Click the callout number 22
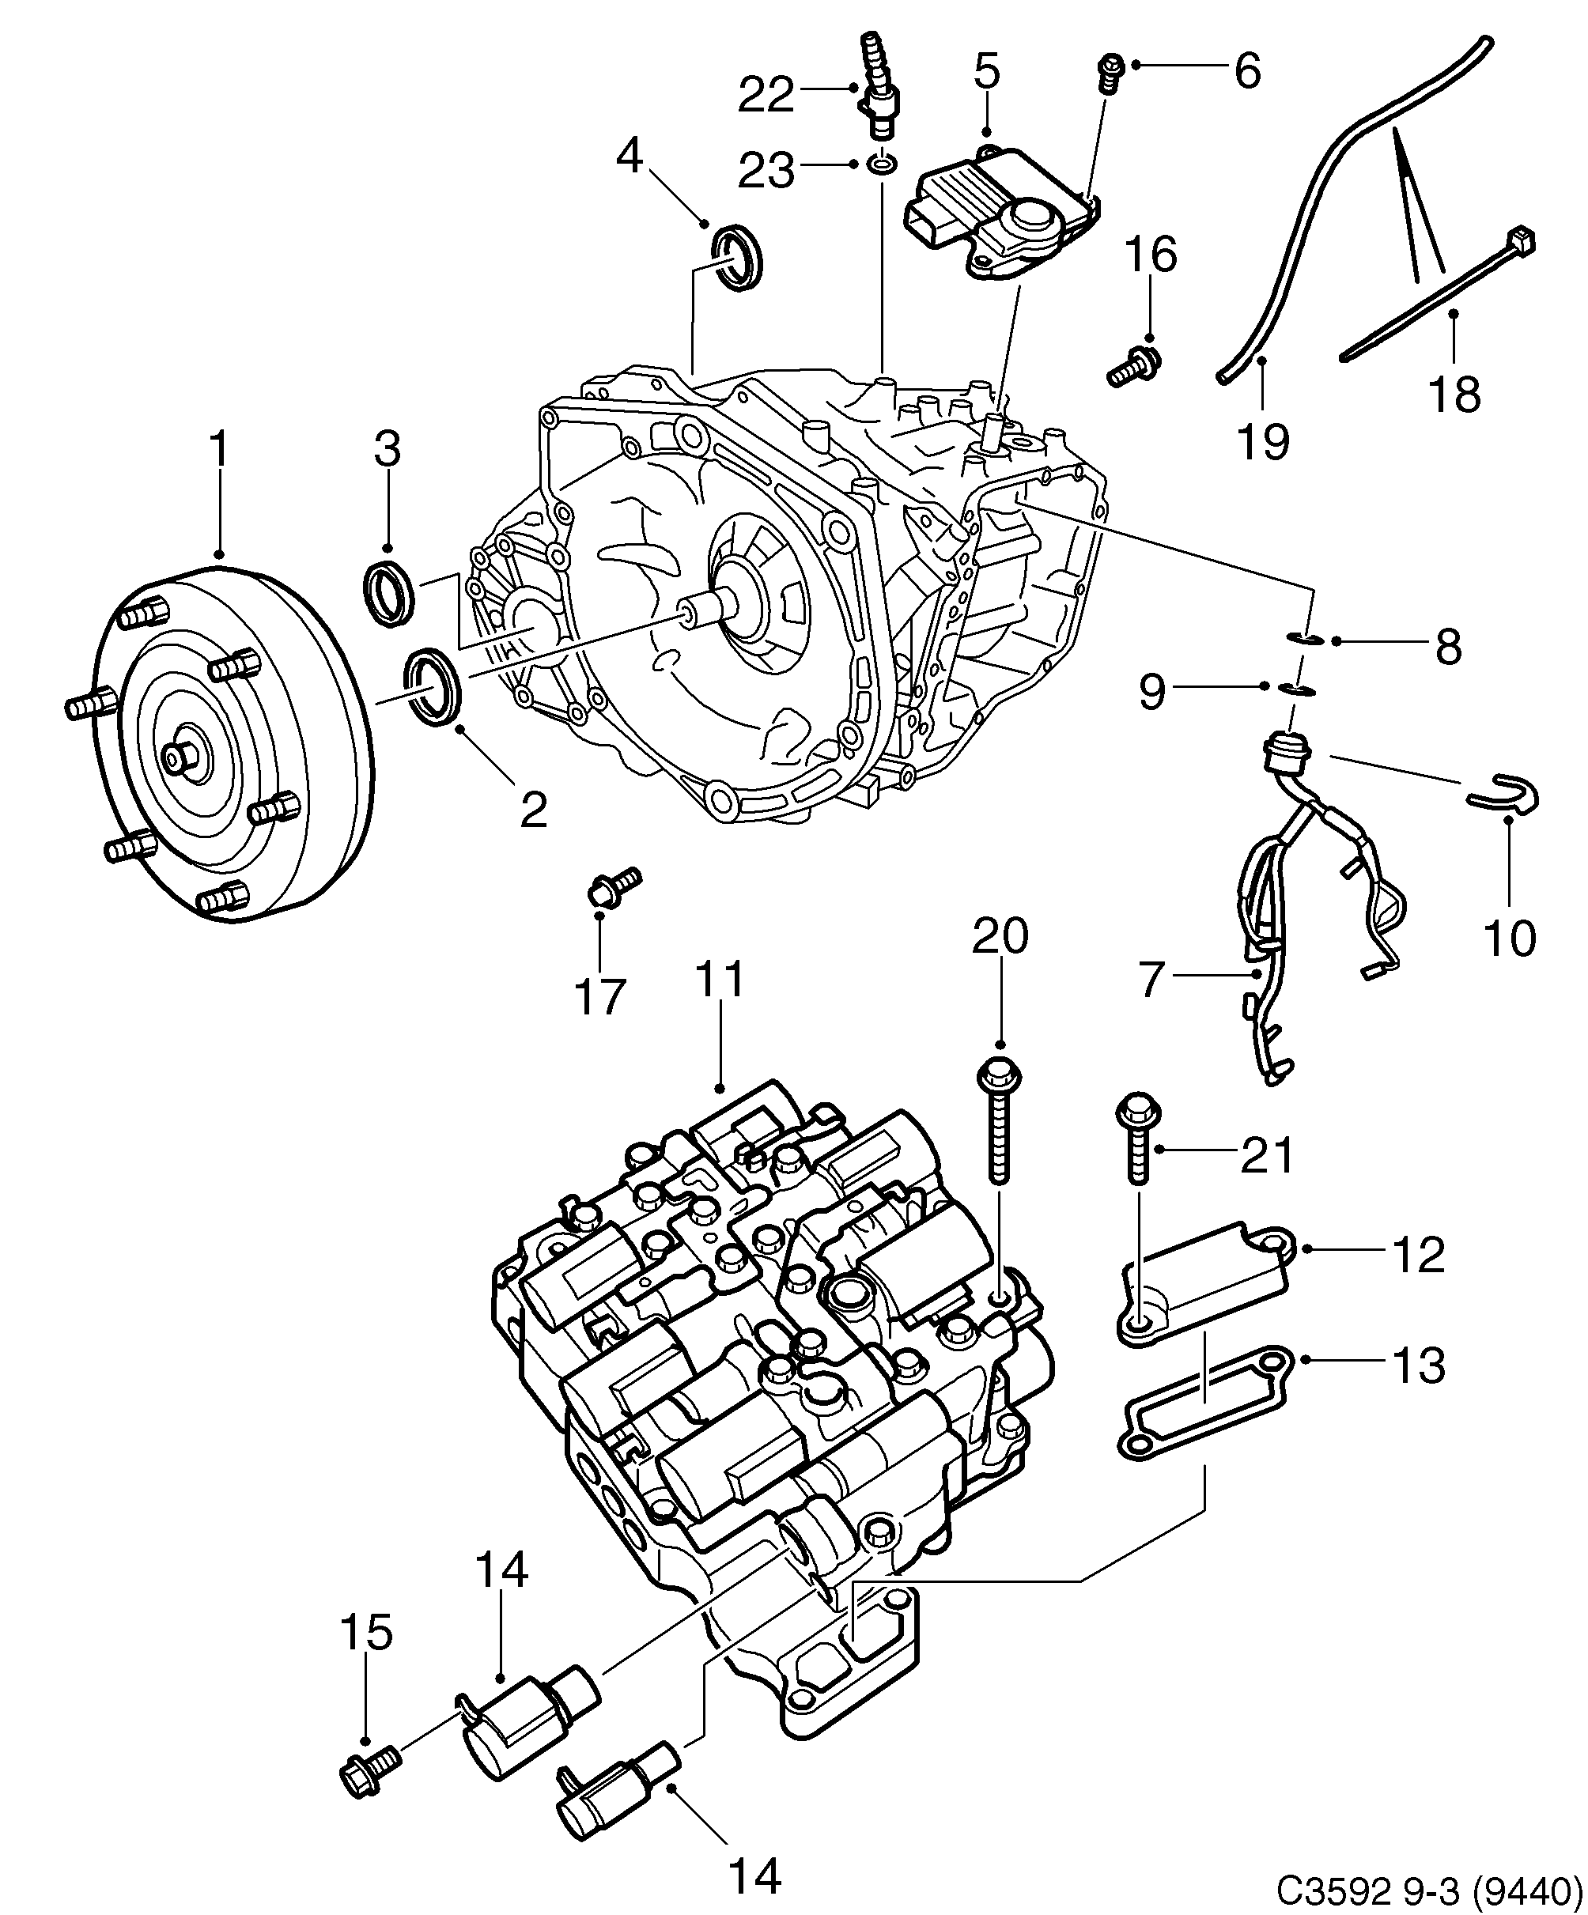[766, 94]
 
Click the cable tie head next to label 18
[1522, 243]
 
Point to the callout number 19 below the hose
[1263, 441]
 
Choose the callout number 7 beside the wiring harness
[1152, 980]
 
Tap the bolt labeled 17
[614, 885]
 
